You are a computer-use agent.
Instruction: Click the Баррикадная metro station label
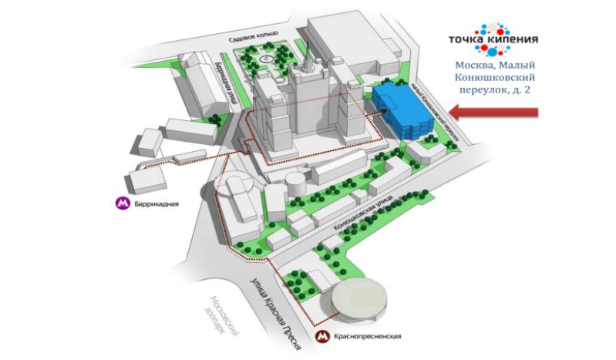(x=157, y=204)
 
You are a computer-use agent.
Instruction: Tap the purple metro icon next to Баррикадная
(x=122, y=204)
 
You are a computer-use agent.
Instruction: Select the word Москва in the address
(x=473, y=65)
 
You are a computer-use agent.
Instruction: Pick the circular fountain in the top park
(x=264, y=59)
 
